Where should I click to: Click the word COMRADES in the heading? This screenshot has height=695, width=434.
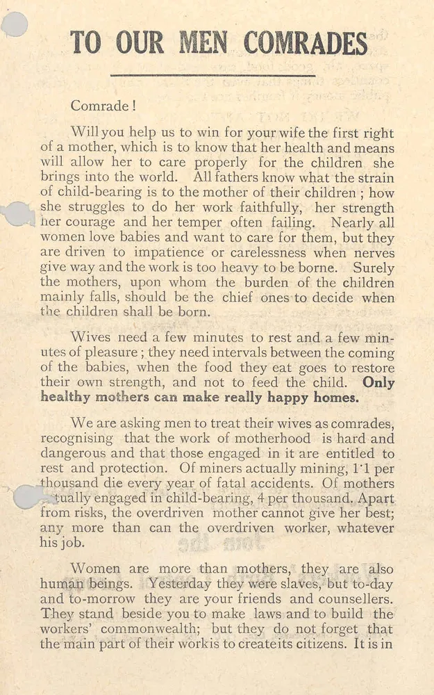(305, 43)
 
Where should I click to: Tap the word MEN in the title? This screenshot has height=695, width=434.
(203, 43)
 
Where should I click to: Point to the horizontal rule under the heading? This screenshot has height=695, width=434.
(212, 75)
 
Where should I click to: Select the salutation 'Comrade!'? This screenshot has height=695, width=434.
(100, 106)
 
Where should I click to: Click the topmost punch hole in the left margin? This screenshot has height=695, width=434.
(15, 24)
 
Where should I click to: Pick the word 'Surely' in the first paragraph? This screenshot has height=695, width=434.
(373, 268)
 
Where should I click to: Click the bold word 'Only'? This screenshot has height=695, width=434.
(378, 383)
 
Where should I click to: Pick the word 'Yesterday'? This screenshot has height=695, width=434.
(183, 584)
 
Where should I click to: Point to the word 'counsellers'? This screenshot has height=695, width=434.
(351, 599)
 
